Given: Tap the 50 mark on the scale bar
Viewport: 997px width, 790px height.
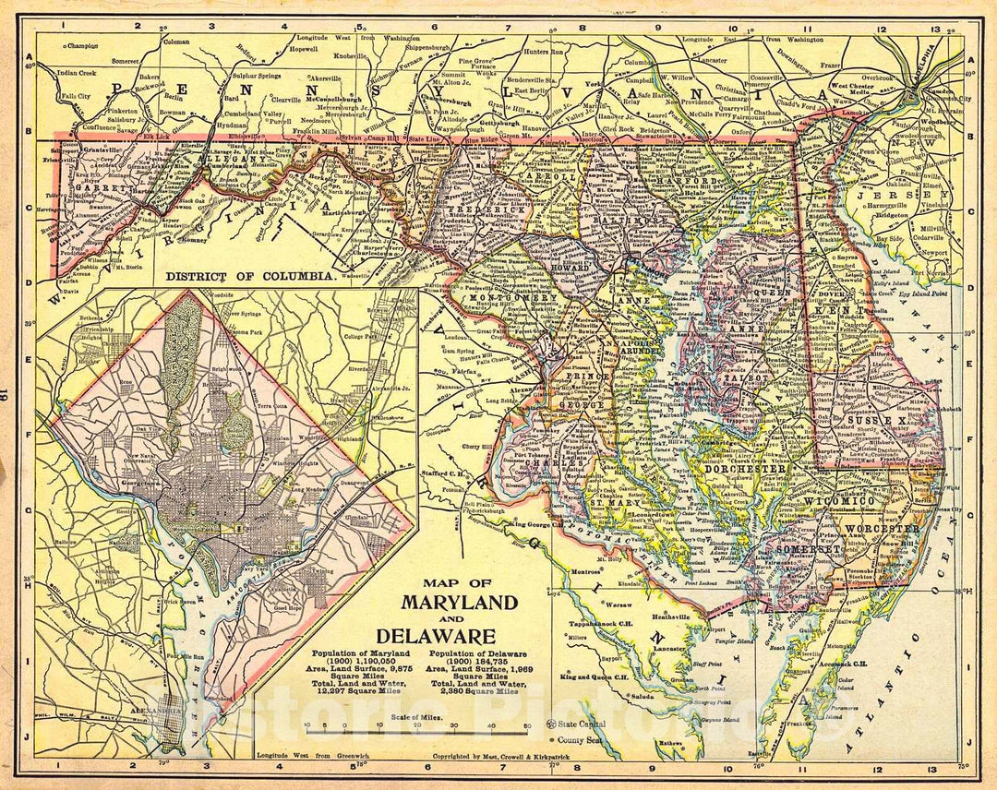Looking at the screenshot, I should click(527, 725).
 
